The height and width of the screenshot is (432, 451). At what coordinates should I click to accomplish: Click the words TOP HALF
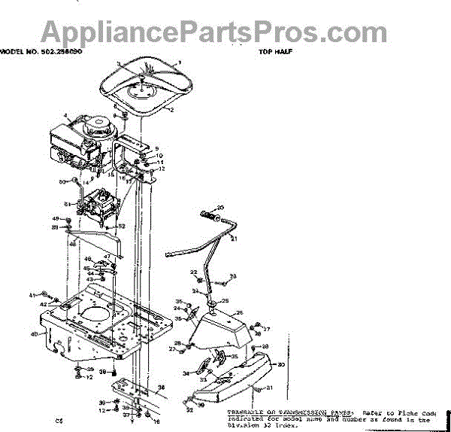(275, 53)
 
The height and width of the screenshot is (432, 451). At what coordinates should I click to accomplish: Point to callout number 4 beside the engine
(66, 117)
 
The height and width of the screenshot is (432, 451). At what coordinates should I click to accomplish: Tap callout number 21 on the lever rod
(233, 239)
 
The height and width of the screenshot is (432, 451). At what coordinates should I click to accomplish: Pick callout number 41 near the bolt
(32, 294)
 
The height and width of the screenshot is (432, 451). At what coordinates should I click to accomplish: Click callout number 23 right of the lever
(233, 276)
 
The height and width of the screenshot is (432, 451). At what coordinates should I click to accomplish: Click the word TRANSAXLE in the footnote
(247, 413)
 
